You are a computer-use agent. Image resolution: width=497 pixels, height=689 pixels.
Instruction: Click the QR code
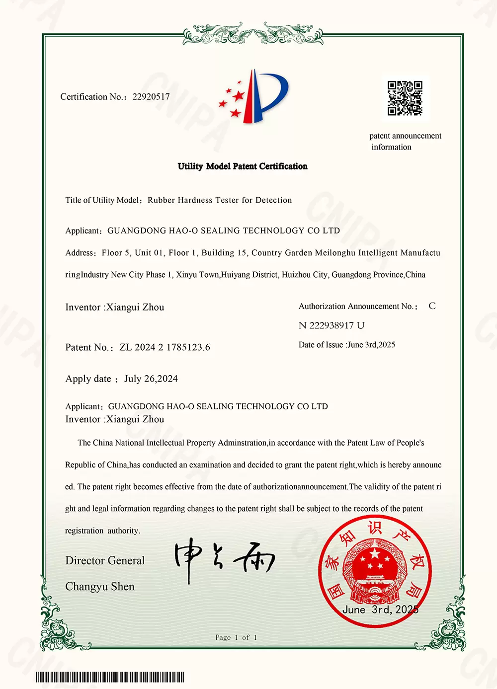pyautogui.click(x=405, y=98)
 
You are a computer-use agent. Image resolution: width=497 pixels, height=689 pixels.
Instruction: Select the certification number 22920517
pyautogui.click(x=151, y=97)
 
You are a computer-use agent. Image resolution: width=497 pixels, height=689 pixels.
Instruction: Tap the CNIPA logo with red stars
pyautogui.click(x=253, y=97)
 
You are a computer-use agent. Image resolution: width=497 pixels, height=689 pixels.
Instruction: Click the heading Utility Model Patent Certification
pyautogui.click(x=243, y=166)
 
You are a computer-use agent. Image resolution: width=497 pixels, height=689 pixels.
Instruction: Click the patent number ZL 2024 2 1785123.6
pyautogui.click(x=165, y=347)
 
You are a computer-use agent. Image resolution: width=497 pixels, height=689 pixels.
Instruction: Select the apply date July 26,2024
pyautogui.click(x=151, y=379)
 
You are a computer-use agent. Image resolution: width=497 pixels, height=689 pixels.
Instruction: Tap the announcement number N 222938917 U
pyautogui.click(x=331, y=325)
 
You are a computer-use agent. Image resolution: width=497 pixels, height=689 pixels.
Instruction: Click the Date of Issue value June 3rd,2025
pyautogui.click(x=371, y=345)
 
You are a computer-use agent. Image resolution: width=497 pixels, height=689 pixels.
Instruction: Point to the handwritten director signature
pyautogui.click(x=224, y=559)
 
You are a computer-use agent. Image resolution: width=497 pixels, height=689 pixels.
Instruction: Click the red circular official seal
pyautogui.click(x=375, y=569)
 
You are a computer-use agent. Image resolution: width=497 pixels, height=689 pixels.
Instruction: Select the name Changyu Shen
pyautogui.click(x=100, y=587)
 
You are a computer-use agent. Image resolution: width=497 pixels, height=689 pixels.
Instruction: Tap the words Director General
pyautogui.click(x=105, y=561)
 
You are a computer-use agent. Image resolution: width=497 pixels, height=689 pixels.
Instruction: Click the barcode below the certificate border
pyautogui.click(x=110, y=678)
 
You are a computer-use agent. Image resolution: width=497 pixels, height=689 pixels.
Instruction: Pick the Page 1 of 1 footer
pyautogui.click(x=236, y=637)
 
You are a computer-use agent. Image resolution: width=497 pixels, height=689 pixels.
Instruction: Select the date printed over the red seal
pyautogui.click(x=380, y=610)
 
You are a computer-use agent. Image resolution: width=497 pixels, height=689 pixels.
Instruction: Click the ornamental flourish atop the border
pyautogui.click(x=253, y=34)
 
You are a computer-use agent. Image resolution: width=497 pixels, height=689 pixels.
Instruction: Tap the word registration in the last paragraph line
pyautogui.click(x=84, y=531)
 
